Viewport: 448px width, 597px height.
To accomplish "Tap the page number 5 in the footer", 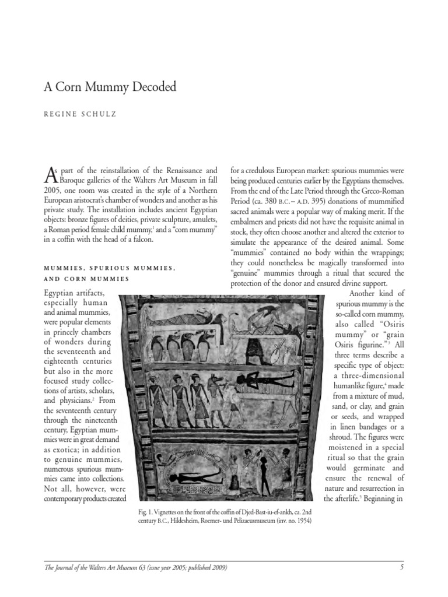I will click(402, 567).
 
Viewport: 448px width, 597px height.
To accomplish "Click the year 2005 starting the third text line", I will click(54, 190).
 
